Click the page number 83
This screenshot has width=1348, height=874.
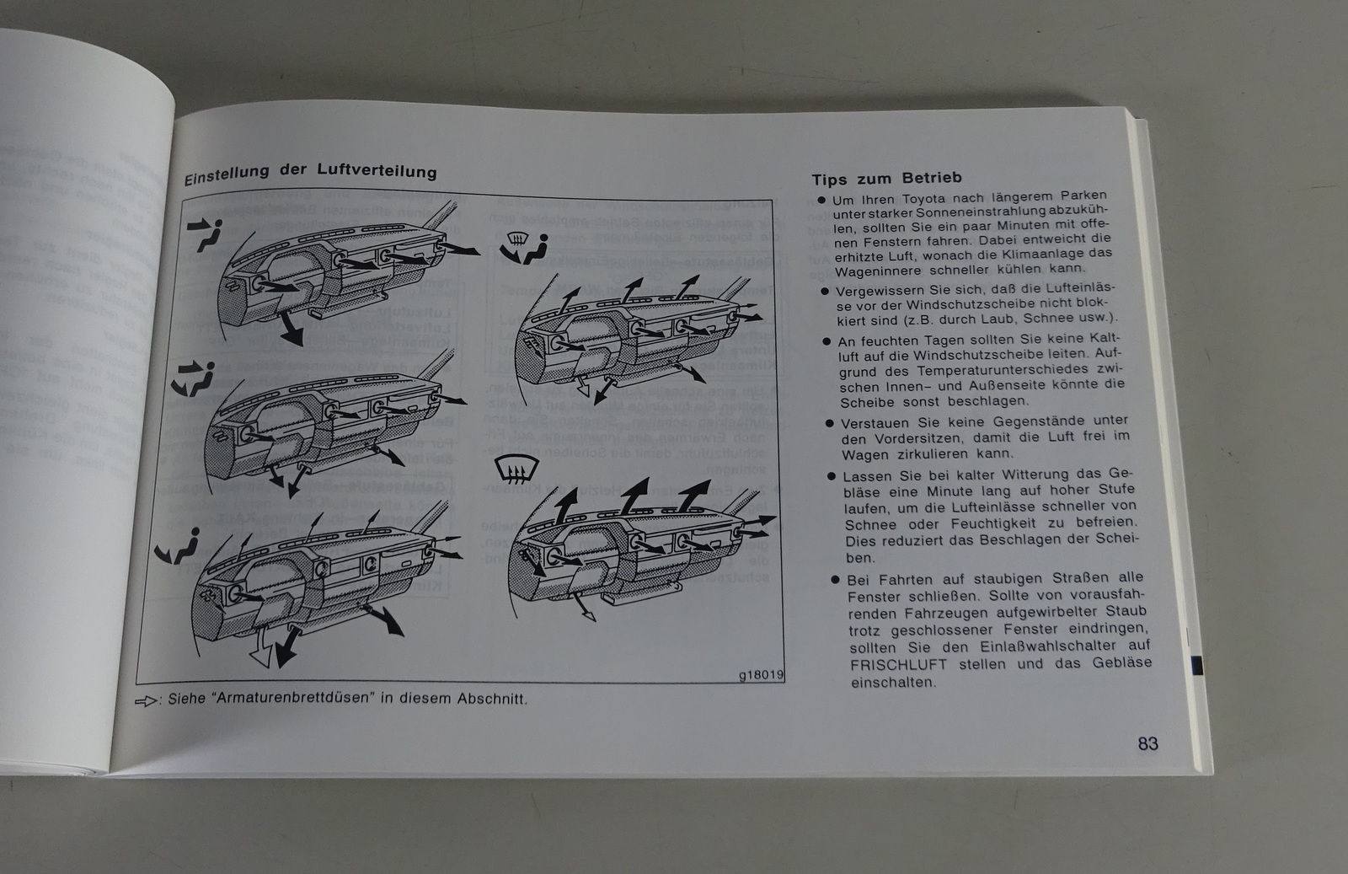(x=1147, y=743)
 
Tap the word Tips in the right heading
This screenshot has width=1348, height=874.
(x=829, y=179)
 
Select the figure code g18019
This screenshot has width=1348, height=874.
(x=761, y=675)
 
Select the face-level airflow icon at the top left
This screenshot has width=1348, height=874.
(x=205, y=234)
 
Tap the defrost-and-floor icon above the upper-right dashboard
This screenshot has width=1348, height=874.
(x=524, y=246)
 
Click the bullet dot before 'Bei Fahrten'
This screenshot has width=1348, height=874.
(x=836, y=580)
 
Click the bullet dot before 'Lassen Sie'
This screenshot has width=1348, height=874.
(x=832, y=476)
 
